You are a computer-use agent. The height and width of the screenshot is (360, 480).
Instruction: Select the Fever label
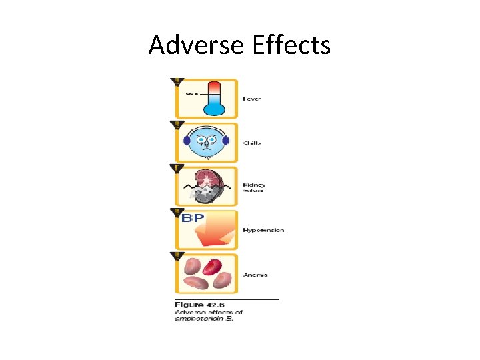[x=252, y=99]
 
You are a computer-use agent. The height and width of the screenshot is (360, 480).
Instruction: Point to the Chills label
[x=252, y=143]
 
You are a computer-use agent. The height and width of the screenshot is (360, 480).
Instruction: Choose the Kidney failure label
[x=254, y=187]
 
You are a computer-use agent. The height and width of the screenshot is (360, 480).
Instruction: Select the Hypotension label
[x=263, y=230]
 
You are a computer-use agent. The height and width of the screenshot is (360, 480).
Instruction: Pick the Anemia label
[x=255, y=274]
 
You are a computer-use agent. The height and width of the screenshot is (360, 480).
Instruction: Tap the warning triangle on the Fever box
[x=177, y=82]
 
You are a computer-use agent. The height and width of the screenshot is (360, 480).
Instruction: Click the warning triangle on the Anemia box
[x=177, y=256]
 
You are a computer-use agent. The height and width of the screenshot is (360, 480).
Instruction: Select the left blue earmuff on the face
[x=187, y=141]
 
